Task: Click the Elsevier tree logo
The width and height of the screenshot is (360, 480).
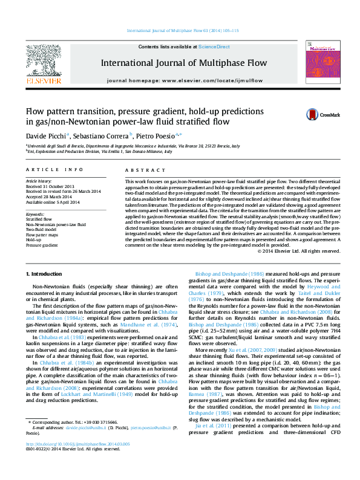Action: click(43, 60)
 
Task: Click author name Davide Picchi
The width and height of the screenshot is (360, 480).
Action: click(46, 136)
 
